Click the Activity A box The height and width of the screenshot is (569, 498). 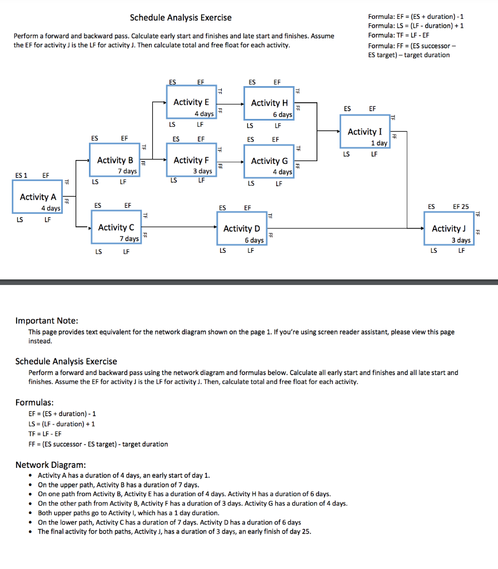click(x=37, y=201)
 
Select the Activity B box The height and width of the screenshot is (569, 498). click(x=114, y=164)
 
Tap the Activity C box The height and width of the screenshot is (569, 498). click(x=116, y=231)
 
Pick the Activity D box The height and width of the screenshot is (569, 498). click(x=242, y=232)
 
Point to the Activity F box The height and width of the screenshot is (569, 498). click(x=191, y=164)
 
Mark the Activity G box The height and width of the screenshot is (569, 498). click(x=269, y=165)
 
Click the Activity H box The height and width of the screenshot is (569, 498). click(x=269, y=107)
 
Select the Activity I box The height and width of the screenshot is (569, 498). click(x=365, y=136)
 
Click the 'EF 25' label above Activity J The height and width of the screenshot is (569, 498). click(x=461, y=207)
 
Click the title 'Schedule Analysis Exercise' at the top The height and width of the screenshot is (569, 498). click(x=181, y=18)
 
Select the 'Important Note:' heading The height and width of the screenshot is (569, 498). click(x=47, y=321)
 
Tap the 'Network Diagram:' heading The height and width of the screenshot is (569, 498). click(x=51, y=465)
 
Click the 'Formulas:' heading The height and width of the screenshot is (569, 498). click(x=34, y=402)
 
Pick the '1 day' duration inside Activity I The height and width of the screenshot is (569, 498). click(x=379, y=143)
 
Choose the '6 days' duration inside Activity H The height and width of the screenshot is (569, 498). click(x=282, y=114)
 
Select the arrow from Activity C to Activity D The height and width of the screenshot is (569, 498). click(x=178, y=227)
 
